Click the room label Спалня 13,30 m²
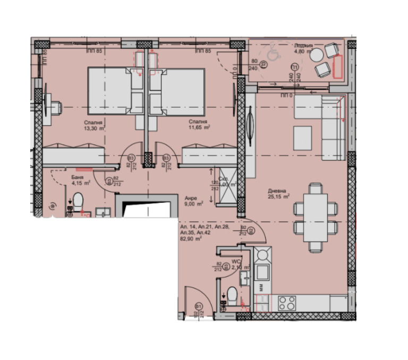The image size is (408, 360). click(x=93, y=125)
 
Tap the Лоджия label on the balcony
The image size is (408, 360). click(x=303, y=46)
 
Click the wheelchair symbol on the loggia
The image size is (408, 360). click(x=273, y=54)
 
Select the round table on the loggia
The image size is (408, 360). click(x=317, y=55)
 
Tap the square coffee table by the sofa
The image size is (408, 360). click(x=302, y=138)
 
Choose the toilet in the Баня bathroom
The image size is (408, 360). click(x=78, y=202)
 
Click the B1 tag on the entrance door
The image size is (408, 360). click(x=198, y=307)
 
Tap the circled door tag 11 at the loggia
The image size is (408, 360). click(x=295, y=66)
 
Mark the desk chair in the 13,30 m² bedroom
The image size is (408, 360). click(x=54, y=105)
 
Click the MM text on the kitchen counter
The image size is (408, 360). click(x=261, y=287)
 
